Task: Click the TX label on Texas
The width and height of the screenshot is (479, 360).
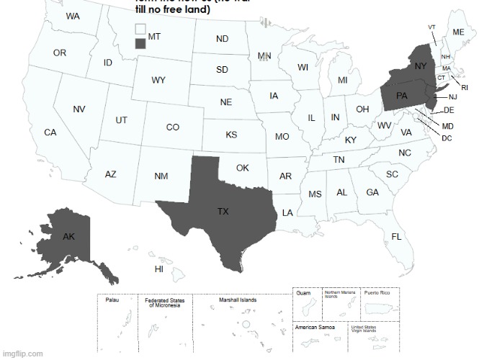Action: pyautogui.click(x=223, y=212)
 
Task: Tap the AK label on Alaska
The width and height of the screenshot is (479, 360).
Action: pyautogui.click(x=68, y=237)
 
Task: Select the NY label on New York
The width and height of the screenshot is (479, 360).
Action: pyautogui.click(x=421, y=66)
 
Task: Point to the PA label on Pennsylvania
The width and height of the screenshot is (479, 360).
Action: pyautogui.click(x=403, y=95)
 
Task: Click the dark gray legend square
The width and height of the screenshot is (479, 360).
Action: pyautogui.click(x=140, y=43)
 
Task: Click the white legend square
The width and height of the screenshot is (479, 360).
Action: pyautogui.click(x=140, y=30)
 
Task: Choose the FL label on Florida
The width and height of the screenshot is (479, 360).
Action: pyautogui.click(x=396, y=237)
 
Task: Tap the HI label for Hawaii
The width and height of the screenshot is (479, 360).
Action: pyautogui.click(x=159, y=269)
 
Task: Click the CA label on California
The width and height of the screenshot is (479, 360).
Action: pyautogui.click(x=50, y=133)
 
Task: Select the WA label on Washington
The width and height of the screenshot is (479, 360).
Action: pyautogui.click(x=73, y=16)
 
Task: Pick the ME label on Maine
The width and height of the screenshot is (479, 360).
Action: pyautogui.click(x=458, y=33)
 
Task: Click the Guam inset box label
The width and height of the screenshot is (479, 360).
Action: pyautogui.click(x=303, y=293)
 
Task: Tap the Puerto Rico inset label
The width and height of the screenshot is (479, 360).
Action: pyautogui.click(x=377, y=293)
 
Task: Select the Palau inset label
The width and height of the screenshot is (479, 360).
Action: pyautogui.click(x=112, y=300)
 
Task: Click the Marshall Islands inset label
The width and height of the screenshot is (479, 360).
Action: pyautogui.click(x=238, y=300)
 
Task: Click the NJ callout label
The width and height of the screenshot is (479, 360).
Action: pyautogui.click(x=452, y=97)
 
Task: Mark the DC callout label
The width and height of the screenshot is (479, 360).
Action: pyautogui.click(x=447, y=138)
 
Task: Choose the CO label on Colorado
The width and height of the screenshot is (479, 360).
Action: pyautogui.click(x=173, y=127)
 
